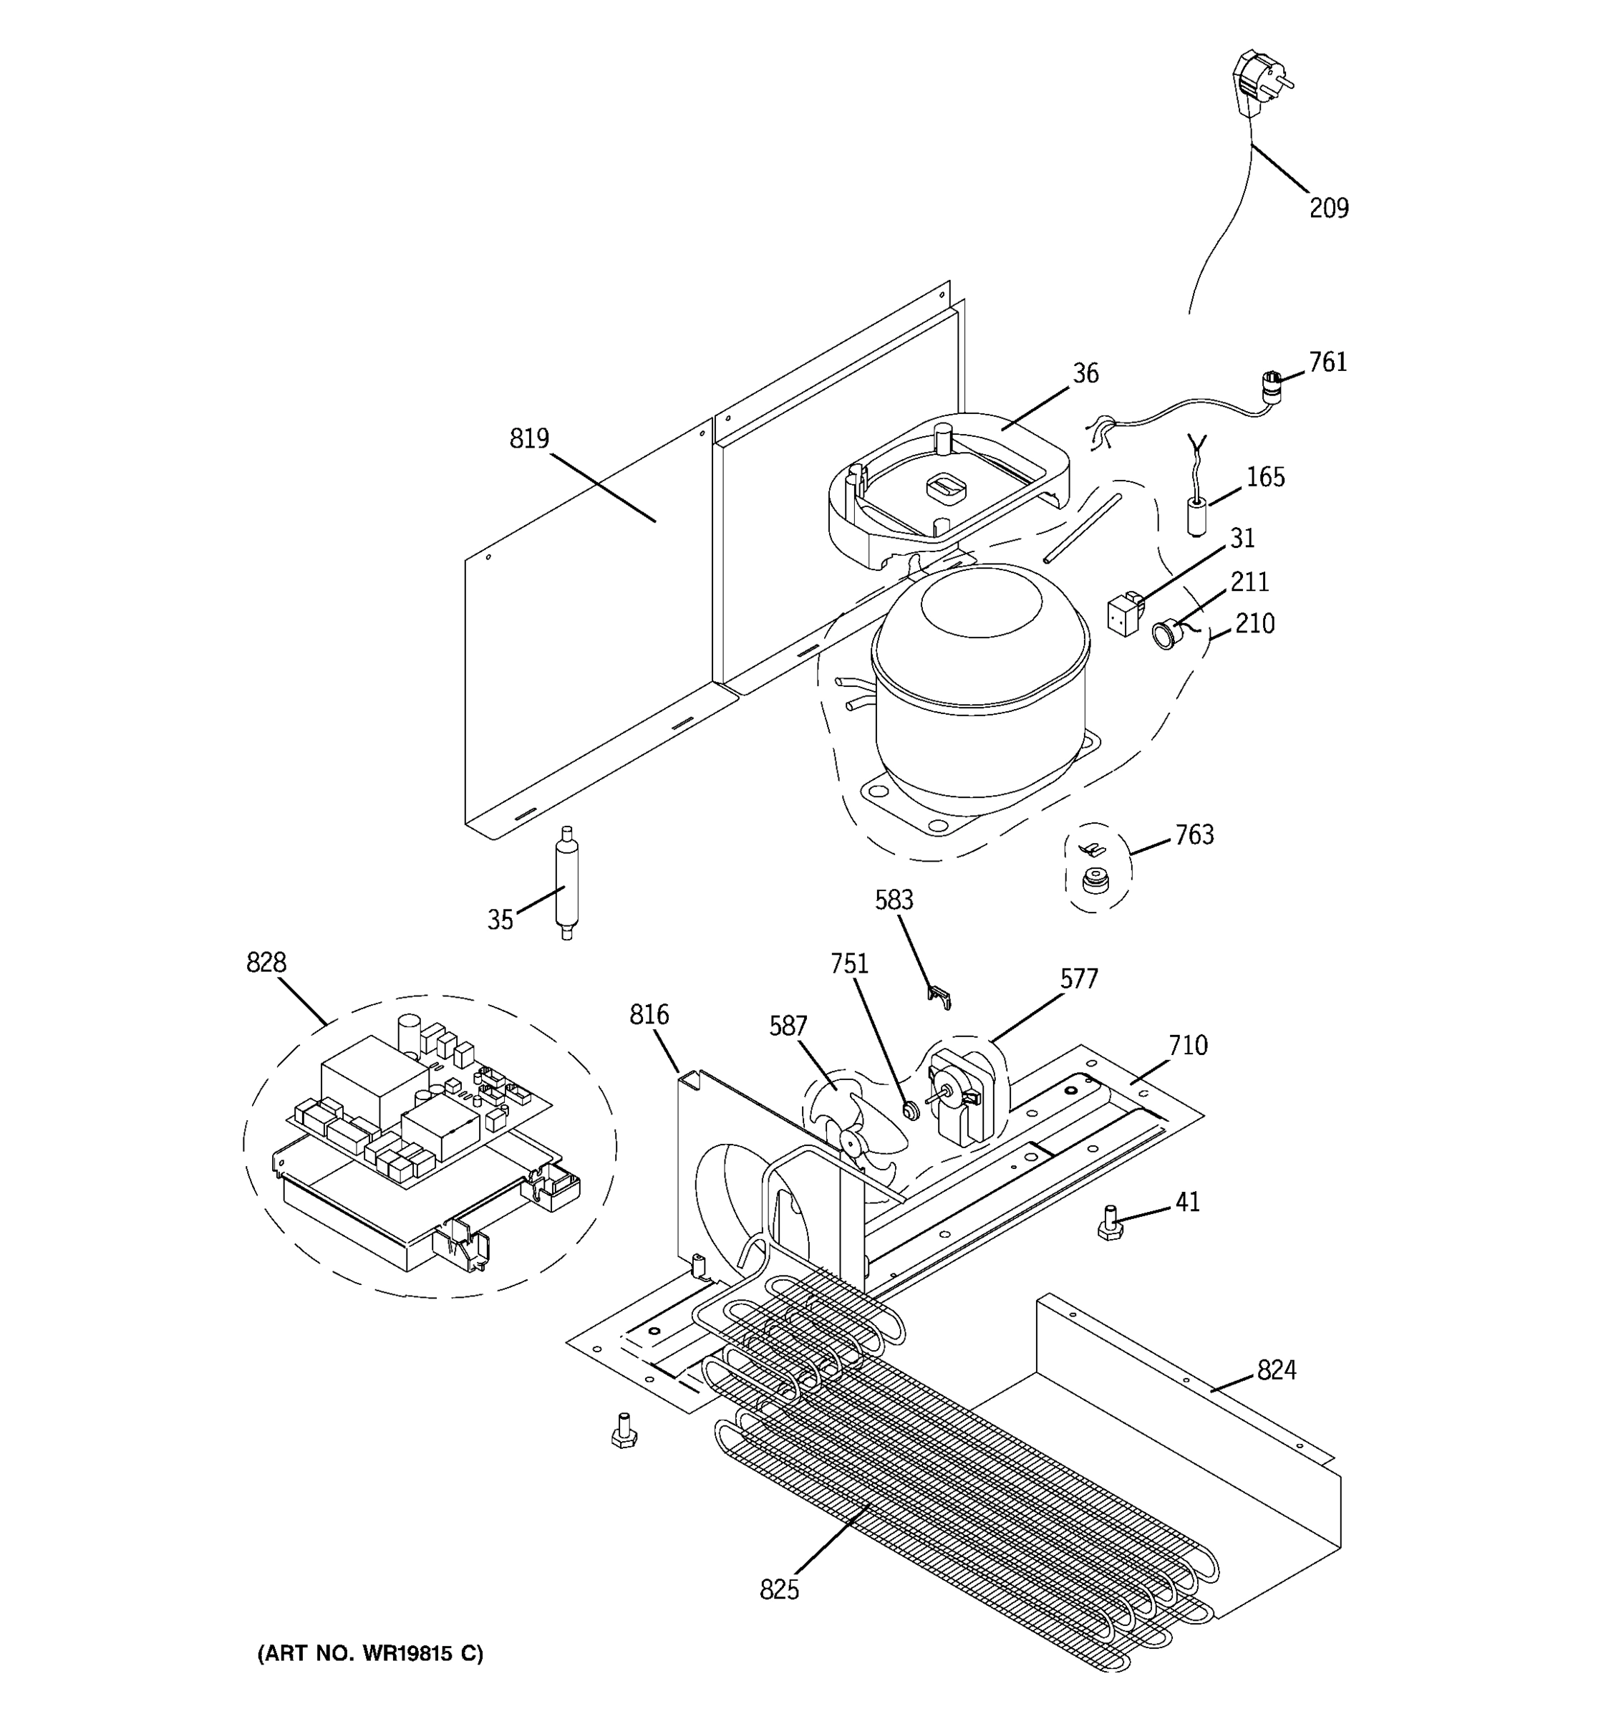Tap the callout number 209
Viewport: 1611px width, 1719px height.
tap(1327, 208)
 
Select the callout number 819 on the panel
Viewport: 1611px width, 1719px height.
tap(529, 439)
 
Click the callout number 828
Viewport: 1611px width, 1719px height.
tap(266, 963)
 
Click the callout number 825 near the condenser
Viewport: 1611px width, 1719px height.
tap(779, 1589)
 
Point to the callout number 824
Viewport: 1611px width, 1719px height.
tap(1276, 1369)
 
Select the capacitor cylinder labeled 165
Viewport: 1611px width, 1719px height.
tap(1195, 516)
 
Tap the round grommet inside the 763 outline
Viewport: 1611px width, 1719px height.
tap(1095, 882)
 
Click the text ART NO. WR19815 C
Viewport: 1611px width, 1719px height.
tap(370, 1653)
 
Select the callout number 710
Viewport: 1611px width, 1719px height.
tap(1188, 1046)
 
